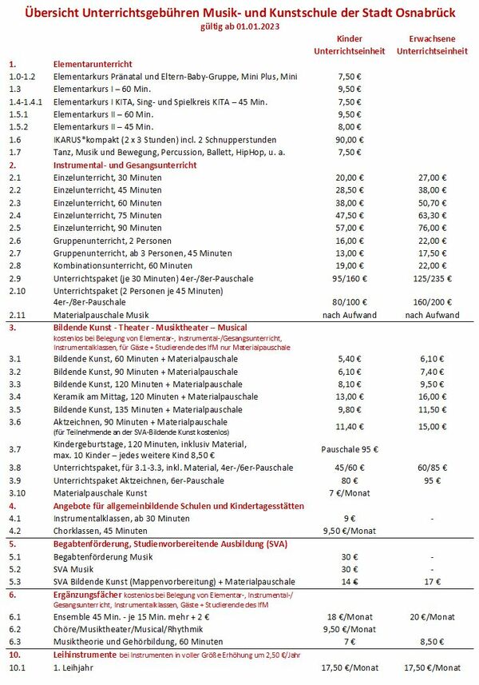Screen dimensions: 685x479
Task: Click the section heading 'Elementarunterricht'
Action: [93, 63]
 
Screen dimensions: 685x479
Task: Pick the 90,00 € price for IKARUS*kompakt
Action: [350, 139]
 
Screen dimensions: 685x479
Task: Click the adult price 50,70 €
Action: [433, 202]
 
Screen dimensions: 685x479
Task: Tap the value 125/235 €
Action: [433, 278]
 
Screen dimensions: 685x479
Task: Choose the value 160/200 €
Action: [433, 303]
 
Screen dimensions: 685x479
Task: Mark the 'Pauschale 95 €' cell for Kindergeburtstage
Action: [350, 449]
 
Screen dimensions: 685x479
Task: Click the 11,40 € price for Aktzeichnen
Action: [350, 426]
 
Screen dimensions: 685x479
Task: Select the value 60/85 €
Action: [433, 468]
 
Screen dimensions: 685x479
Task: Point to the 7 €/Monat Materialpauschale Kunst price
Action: [350, 493]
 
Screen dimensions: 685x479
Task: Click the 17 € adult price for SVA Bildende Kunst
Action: [433, 581]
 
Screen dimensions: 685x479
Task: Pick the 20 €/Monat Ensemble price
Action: [433, 616]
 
